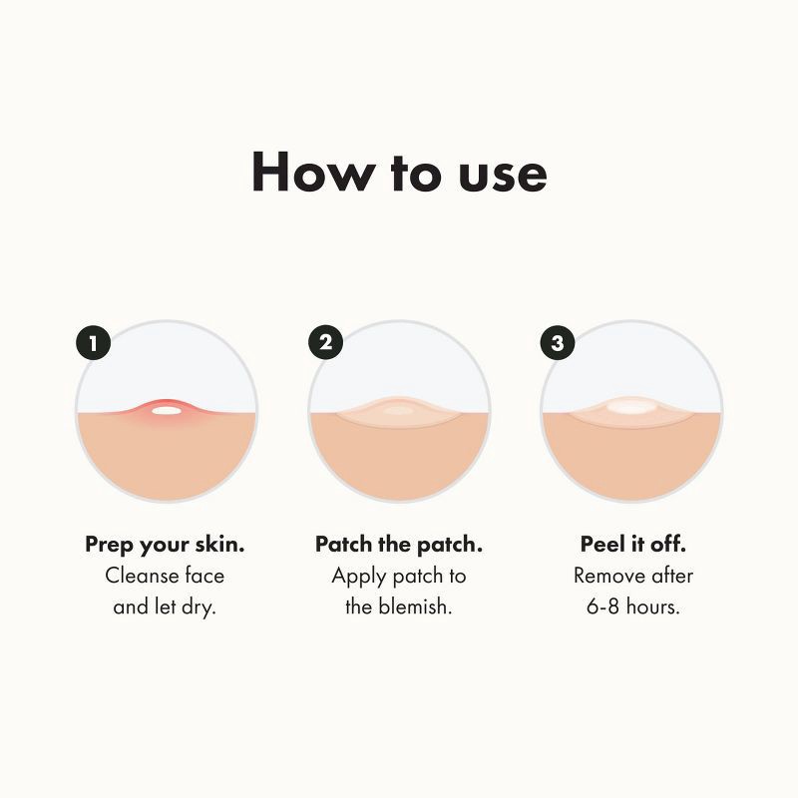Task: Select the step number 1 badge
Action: (93, 344)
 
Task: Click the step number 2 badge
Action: (325, 344)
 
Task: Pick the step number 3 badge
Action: (557, 344)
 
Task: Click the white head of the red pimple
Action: (166, 409)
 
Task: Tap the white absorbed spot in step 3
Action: (630, 407)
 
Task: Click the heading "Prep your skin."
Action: (166, 545)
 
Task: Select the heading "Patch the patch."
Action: (399, 545)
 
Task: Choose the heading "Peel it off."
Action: (632, 545)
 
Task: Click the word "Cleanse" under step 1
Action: (140, 576)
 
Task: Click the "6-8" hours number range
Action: (604, 606)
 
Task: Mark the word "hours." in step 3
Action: (654, 606)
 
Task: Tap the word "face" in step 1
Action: (203, 576)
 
